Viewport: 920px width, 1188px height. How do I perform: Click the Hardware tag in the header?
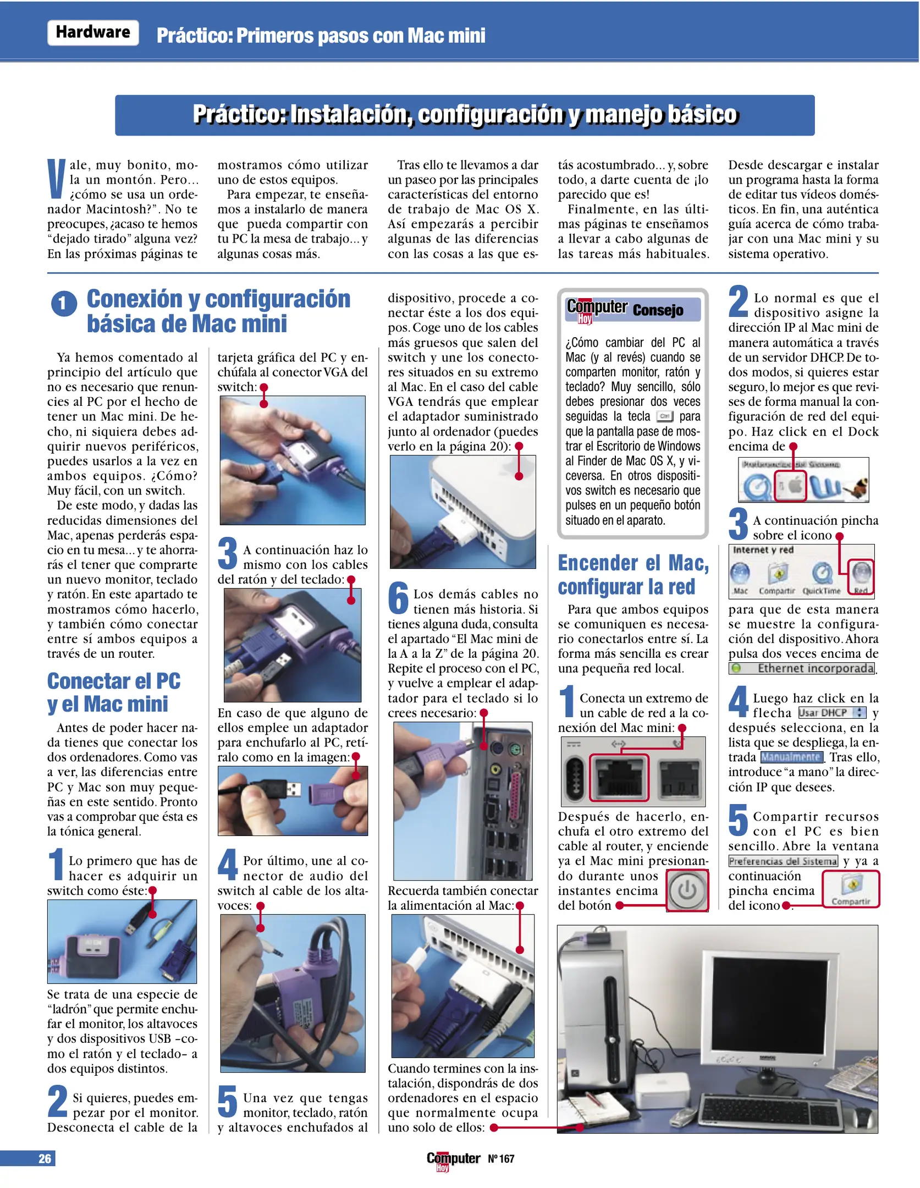(93, 32)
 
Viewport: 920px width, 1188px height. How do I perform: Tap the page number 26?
(44, 1158)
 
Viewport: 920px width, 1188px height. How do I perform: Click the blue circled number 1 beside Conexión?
(64, 304)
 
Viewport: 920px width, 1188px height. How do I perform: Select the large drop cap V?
(57, 179)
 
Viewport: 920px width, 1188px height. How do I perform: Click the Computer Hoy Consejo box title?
(632, 310)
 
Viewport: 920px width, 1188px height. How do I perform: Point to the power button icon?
(687, 890)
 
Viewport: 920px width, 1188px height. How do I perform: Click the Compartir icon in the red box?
(851, 889)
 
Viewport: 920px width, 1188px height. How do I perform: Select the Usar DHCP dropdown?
(831, 713)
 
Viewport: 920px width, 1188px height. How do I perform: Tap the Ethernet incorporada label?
(815, 668)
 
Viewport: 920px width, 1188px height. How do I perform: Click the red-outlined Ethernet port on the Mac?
(619, 777)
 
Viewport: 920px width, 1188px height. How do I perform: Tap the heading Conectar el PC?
(114, 681)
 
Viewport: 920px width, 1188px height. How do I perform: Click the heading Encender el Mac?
(632, 563)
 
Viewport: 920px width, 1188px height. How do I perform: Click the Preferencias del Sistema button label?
(783, 861)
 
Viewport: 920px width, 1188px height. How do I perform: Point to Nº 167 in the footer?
(501, 1159)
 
